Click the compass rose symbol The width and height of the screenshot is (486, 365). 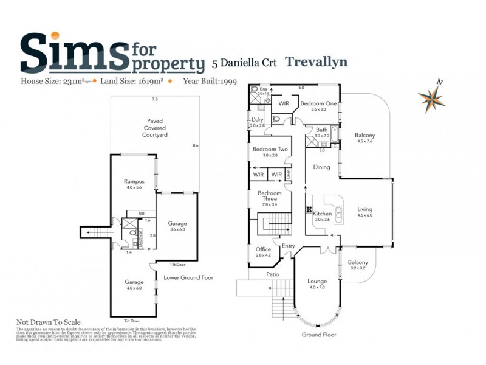tap(432, 97)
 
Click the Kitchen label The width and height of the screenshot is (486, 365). tap(322, 214)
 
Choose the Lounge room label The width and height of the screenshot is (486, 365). tap(317, 281)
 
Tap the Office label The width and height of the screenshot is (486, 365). tap(263, 249)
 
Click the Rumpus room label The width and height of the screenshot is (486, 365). tap(134, 181)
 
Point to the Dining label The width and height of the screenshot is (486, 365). tap(321, 167)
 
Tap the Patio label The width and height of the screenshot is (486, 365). tap(273, 274)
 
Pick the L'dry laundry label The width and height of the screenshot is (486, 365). tap(258, 119)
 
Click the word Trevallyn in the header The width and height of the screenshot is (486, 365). tap(316, 61)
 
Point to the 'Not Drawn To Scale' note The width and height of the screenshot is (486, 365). tap(48, 322)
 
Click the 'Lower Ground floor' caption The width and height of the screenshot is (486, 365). tap(188, 277)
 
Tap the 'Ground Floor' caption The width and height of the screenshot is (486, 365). tap(319, 335)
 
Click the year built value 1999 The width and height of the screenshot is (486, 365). tap(228, 80)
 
